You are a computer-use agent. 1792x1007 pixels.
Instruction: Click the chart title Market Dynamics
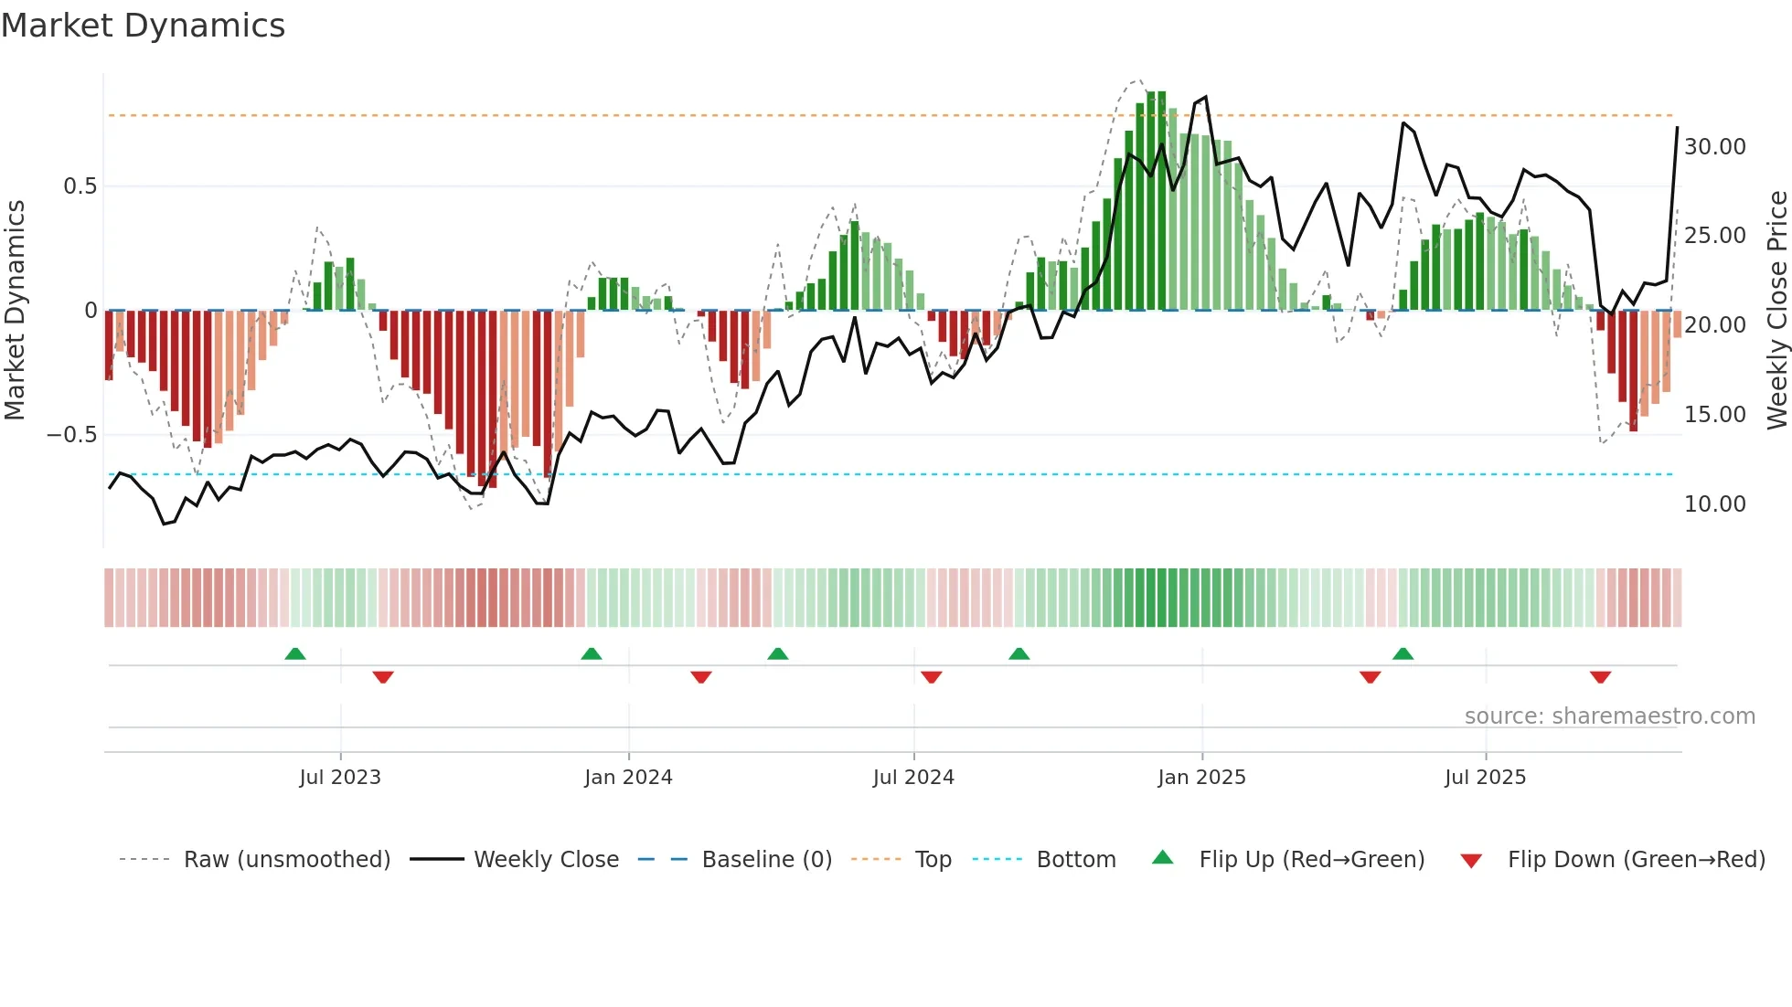[x=143, y=26]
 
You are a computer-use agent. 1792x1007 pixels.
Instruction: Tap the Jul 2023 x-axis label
[x=340, y=778]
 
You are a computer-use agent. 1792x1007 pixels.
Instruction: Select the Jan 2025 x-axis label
[x=1201, y=778]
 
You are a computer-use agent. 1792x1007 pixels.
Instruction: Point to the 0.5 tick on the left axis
[x=80, y=186]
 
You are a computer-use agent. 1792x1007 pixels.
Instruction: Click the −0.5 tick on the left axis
[x=72, y=435]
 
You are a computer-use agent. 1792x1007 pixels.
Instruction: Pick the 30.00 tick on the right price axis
[x=1715, y=147]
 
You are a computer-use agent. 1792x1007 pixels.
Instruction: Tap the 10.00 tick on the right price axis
[x=1715, y=504]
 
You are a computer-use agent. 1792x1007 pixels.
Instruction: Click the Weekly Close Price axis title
[x=1776, y=310]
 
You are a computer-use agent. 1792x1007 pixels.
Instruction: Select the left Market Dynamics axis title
[x=15, y=310]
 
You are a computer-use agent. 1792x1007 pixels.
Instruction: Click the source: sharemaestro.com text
[x=1609, y=716]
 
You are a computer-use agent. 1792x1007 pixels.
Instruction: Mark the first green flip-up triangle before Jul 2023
[x=295, y=654]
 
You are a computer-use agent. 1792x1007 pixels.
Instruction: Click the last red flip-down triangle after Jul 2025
[x=1600, y=677]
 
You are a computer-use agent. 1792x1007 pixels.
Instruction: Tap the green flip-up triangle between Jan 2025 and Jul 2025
[x=1403, y=654]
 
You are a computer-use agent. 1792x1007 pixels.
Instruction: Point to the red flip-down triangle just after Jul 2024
[x=932, y=677]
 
